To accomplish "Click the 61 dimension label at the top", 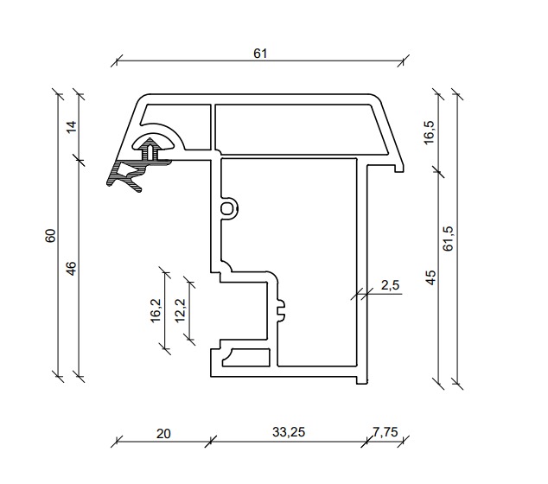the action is click(x=260, y=54).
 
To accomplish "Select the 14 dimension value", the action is click(x=71, y=126).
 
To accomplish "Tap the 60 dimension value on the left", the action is click(x=50, y=236).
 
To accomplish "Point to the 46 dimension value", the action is click(x=71, y=269).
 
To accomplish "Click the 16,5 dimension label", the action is click(x=429, y=132).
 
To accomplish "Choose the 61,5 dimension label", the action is click(x=448, y=239).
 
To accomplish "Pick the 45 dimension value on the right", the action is click(x=431, y=277).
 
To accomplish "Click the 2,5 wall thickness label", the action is click(x=390, y=285).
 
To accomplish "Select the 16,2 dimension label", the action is click(x=156, y=310).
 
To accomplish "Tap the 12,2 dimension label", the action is click(x=181, y=310).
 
